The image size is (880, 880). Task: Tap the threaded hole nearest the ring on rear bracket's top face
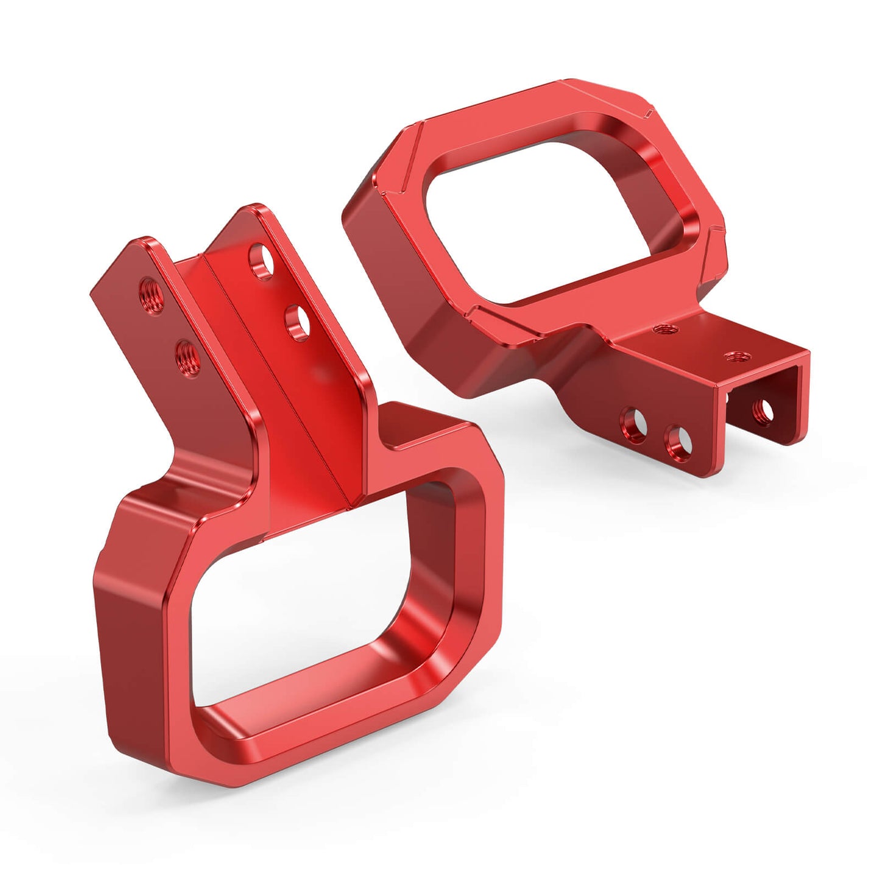point(660,329)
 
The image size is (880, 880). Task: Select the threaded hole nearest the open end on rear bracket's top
point(731,355)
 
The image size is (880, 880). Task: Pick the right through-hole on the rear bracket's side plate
point(677,442)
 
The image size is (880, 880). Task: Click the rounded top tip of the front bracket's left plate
point(146,241)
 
